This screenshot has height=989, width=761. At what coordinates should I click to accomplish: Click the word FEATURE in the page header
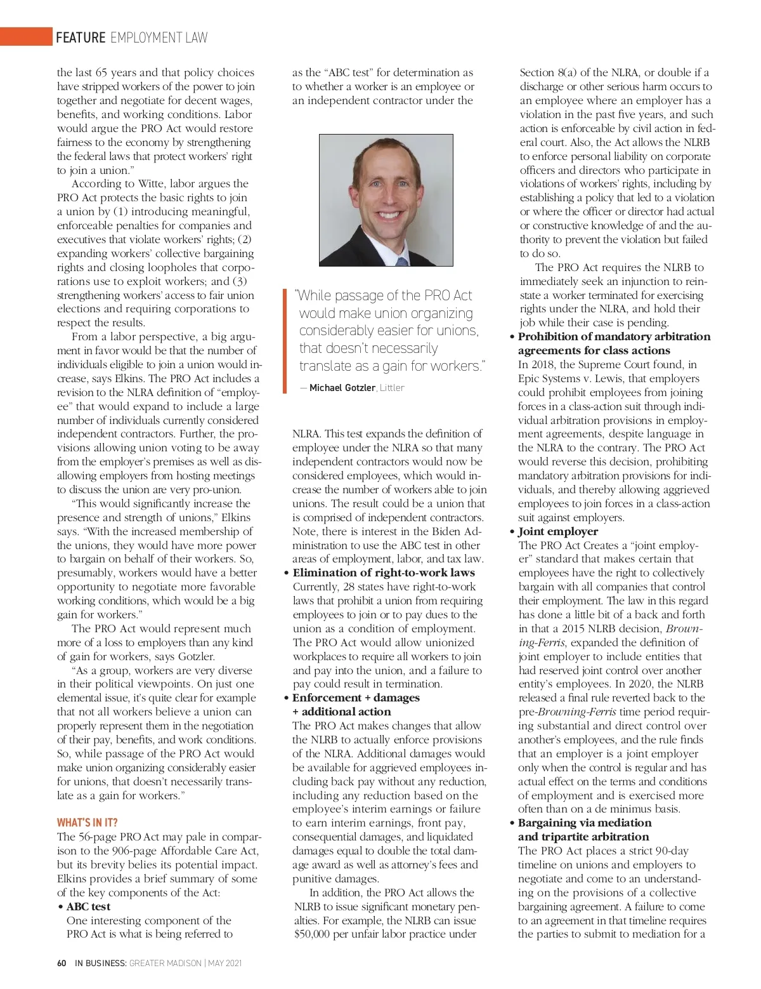coord(81,37)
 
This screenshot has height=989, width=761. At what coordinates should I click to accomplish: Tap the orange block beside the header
coord(25,37)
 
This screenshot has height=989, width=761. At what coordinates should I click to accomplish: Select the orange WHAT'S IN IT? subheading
coord(87,823)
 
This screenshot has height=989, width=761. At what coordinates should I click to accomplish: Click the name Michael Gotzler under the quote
coord(342,387)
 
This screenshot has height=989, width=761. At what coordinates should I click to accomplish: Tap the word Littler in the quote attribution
coord(392,387)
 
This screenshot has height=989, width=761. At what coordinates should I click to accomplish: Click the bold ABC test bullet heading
coord(88,906)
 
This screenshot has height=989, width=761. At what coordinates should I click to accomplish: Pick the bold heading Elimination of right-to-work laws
coord(383,573)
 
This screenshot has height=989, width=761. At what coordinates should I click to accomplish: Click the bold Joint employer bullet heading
coord(557,531)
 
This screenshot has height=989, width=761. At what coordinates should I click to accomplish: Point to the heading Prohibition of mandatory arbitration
coord(614,336)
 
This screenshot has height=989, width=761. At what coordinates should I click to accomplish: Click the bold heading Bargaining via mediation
coord(585,823)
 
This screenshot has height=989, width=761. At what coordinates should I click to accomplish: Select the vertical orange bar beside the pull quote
coord(285,341)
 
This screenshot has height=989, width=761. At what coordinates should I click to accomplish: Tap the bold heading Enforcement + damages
coord(356,698)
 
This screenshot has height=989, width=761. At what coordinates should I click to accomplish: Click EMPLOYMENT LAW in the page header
coord(159,37)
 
